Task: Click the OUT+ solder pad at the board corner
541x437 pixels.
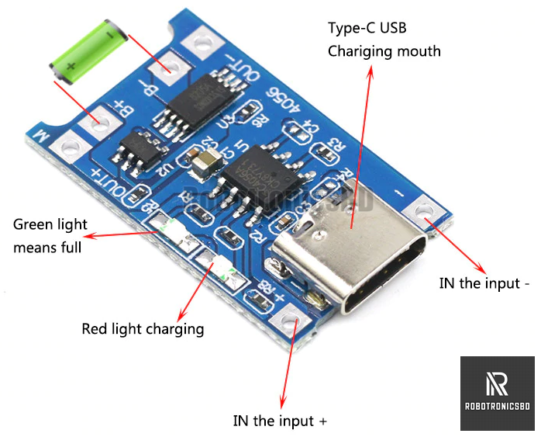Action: tap(74, 144)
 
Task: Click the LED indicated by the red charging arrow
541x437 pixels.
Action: tap(216, 265)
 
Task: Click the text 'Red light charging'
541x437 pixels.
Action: tap(143, 329)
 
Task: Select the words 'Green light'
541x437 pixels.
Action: tap(50, 225)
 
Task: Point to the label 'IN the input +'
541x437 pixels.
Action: tap(280, 421)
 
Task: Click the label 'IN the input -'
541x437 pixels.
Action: tap(484, 283)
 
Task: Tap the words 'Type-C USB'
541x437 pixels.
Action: tap(367, 29)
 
